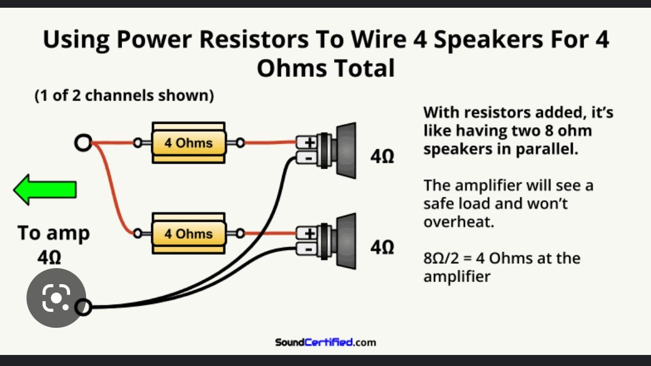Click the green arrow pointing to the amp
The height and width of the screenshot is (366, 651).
[45, 190]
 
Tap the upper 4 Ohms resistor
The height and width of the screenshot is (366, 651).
[188, 143]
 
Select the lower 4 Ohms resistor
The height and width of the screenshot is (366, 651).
[188, 233]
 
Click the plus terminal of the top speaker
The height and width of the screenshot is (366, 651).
[310, 143]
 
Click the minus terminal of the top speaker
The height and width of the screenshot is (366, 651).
[310, 158]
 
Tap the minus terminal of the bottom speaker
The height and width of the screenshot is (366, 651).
[310, 249]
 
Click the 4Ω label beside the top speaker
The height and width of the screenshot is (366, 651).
[382, 156]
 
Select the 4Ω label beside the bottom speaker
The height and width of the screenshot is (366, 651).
[382, 248]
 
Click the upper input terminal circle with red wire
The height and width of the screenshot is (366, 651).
[83, 144]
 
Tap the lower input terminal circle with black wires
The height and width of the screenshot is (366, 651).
[83, 307]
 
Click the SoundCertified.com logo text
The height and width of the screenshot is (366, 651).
[325, 342]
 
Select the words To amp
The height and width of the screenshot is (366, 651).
[53, 233]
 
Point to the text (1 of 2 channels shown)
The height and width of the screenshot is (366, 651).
[124, 96]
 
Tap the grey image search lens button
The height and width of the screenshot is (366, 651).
[56, 298]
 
